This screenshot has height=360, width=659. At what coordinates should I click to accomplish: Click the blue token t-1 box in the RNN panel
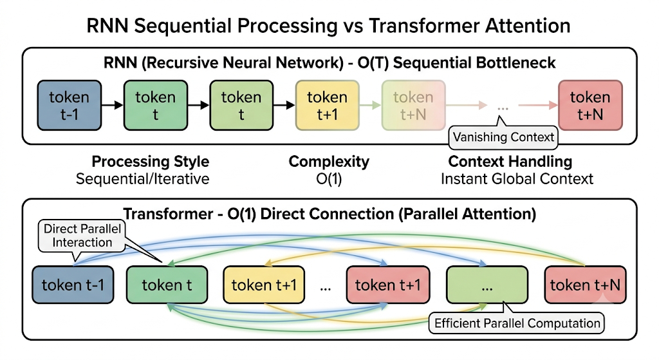70,105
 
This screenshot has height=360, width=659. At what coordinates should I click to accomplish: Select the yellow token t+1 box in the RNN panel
328,105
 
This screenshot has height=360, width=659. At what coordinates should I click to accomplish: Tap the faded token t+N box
414,105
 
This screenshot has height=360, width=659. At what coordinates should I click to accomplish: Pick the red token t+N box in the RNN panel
590,105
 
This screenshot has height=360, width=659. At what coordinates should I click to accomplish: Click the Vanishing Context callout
503,137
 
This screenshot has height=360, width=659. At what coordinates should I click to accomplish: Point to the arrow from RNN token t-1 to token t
113,105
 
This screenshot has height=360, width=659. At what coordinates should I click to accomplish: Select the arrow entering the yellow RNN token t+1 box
284,105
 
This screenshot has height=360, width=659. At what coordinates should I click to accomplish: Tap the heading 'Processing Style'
151,162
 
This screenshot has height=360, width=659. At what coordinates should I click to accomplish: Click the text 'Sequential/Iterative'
142,179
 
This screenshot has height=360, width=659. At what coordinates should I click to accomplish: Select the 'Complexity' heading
329,162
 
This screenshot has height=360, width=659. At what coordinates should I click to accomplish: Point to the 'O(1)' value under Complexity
329,179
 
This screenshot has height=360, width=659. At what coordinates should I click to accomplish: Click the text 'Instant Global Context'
517,179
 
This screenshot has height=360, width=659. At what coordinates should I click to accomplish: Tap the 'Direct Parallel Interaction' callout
82,236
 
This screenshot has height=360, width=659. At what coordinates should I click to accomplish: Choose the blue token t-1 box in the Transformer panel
73,285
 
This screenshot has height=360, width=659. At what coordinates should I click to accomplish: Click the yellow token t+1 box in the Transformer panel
264,285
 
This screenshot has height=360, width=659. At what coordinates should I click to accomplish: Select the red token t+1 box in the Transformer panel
388,285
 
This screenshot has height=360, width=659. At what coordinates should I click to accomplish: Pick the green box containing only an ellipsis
487,285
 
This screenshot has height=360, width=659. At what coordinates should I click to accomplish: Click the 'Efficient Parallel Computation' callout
517,323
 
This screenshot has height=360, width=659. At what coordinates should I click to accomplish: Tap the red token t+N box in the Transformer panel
586,285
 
